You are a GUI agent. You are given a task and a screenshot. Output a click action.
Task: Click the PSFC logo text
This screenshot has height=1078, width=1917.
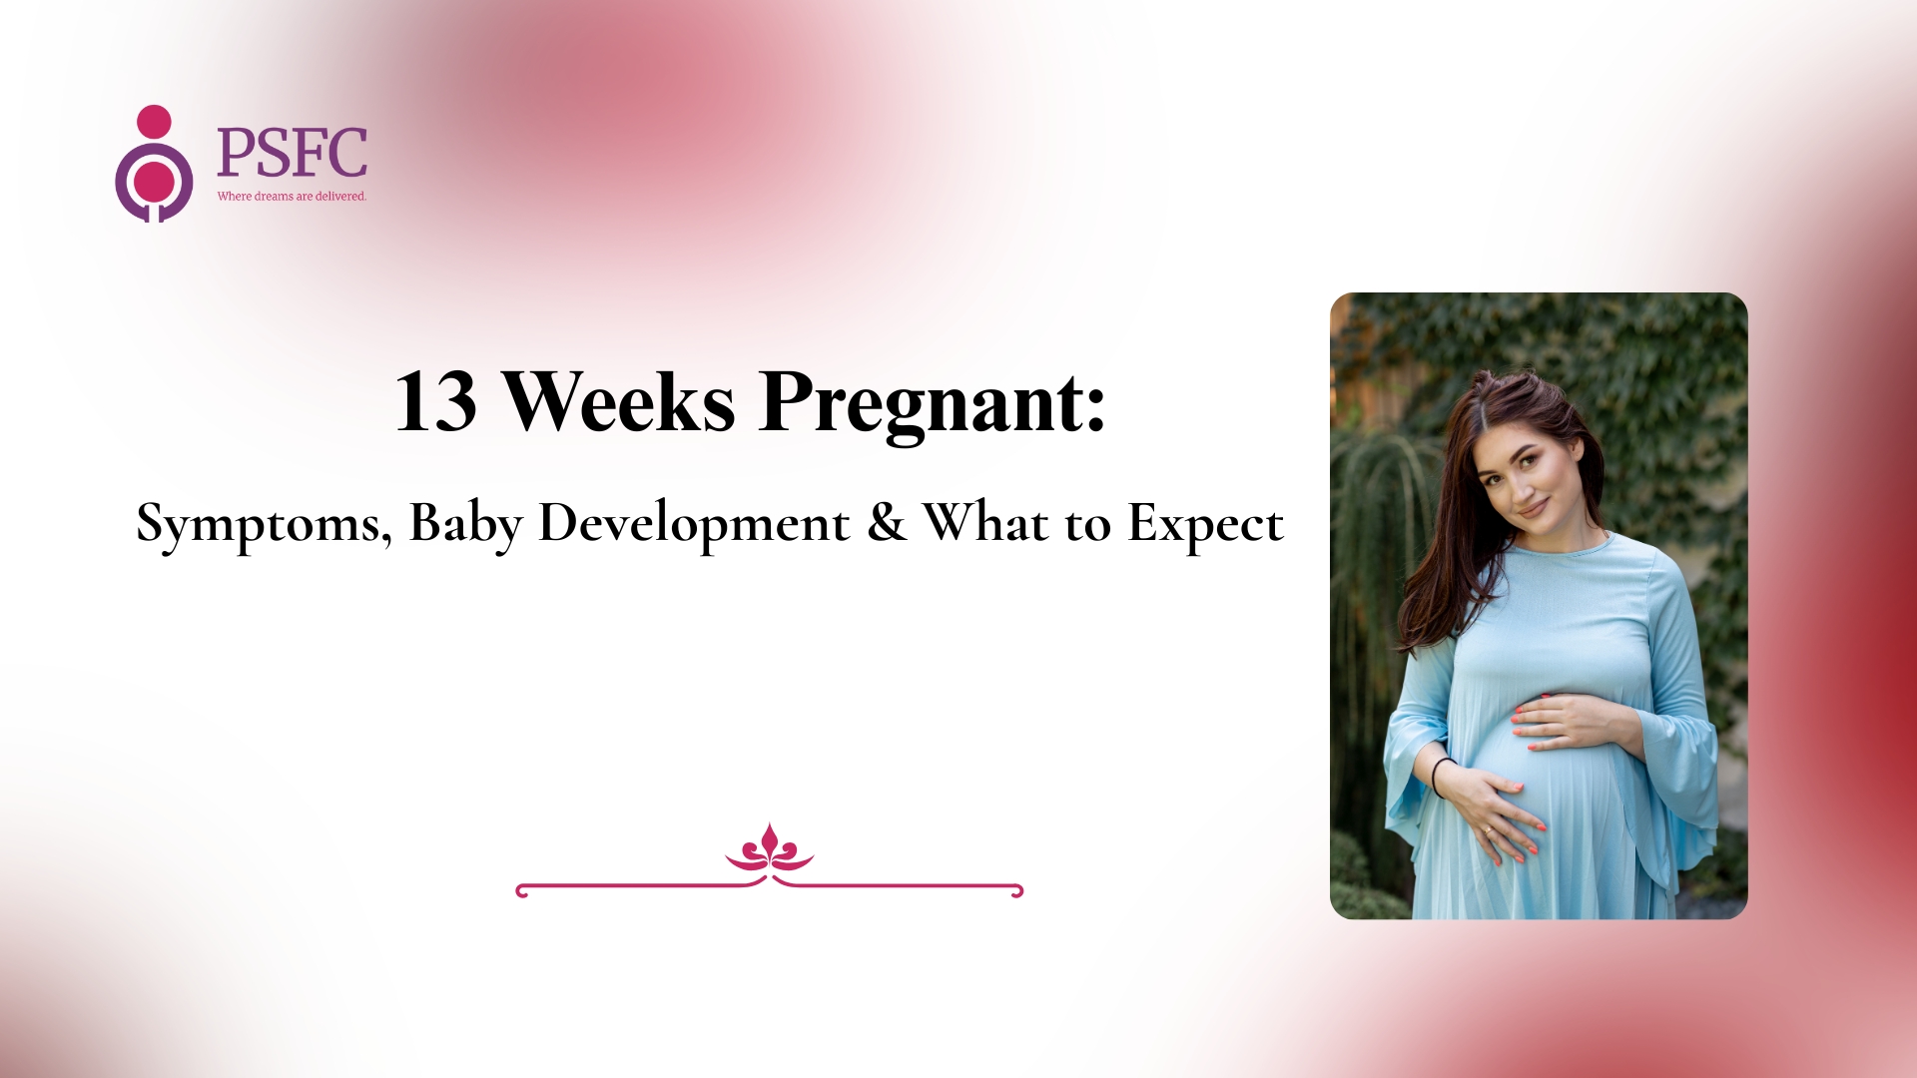click(x=292, y=152)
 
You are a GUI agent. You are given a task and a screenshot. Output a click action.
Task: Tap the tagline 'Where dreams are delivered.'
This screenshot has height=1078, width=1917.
click(x=292, y=197)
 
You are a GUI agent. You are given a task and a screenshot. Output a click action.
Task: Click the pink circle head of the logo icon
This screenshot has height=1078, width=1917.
click(x=154, y=122)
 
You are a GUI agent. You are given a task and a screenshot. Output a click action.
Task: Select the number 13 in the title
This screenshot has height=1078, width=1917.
click(x=435, y=402)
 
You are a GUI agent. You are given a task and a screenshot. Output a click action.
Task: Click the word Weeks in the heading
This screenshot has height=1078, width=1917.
click(x=618, y=401)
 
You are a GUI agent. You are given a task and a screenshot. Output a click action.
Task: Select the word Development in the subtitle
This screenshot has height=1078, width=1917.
click(x=694, y=522)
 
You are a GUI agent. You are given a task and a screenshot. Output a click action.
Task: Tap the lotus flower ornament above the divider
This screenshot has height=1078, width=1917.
click(x=769, y=848)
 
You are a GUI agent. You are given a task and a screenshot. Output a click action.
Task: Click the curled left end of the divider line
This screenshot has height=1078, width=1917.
click(x=521, y=890)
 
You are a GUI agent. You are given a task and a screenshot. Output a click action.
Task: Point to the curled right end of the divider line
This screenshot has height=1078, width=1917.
click(x=1017, y=890)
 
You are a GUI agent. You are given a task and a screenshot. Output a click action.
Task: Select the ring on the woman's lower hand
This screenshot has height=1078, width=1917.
click(x=1488, y=828)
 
